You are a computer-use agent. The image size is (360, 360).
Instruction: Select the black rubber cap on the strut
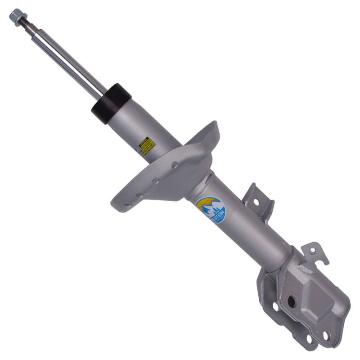click(x=111, y=103)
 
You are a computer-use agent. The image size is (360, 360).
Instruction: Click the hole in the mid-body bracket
click(x=256, y=202)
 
